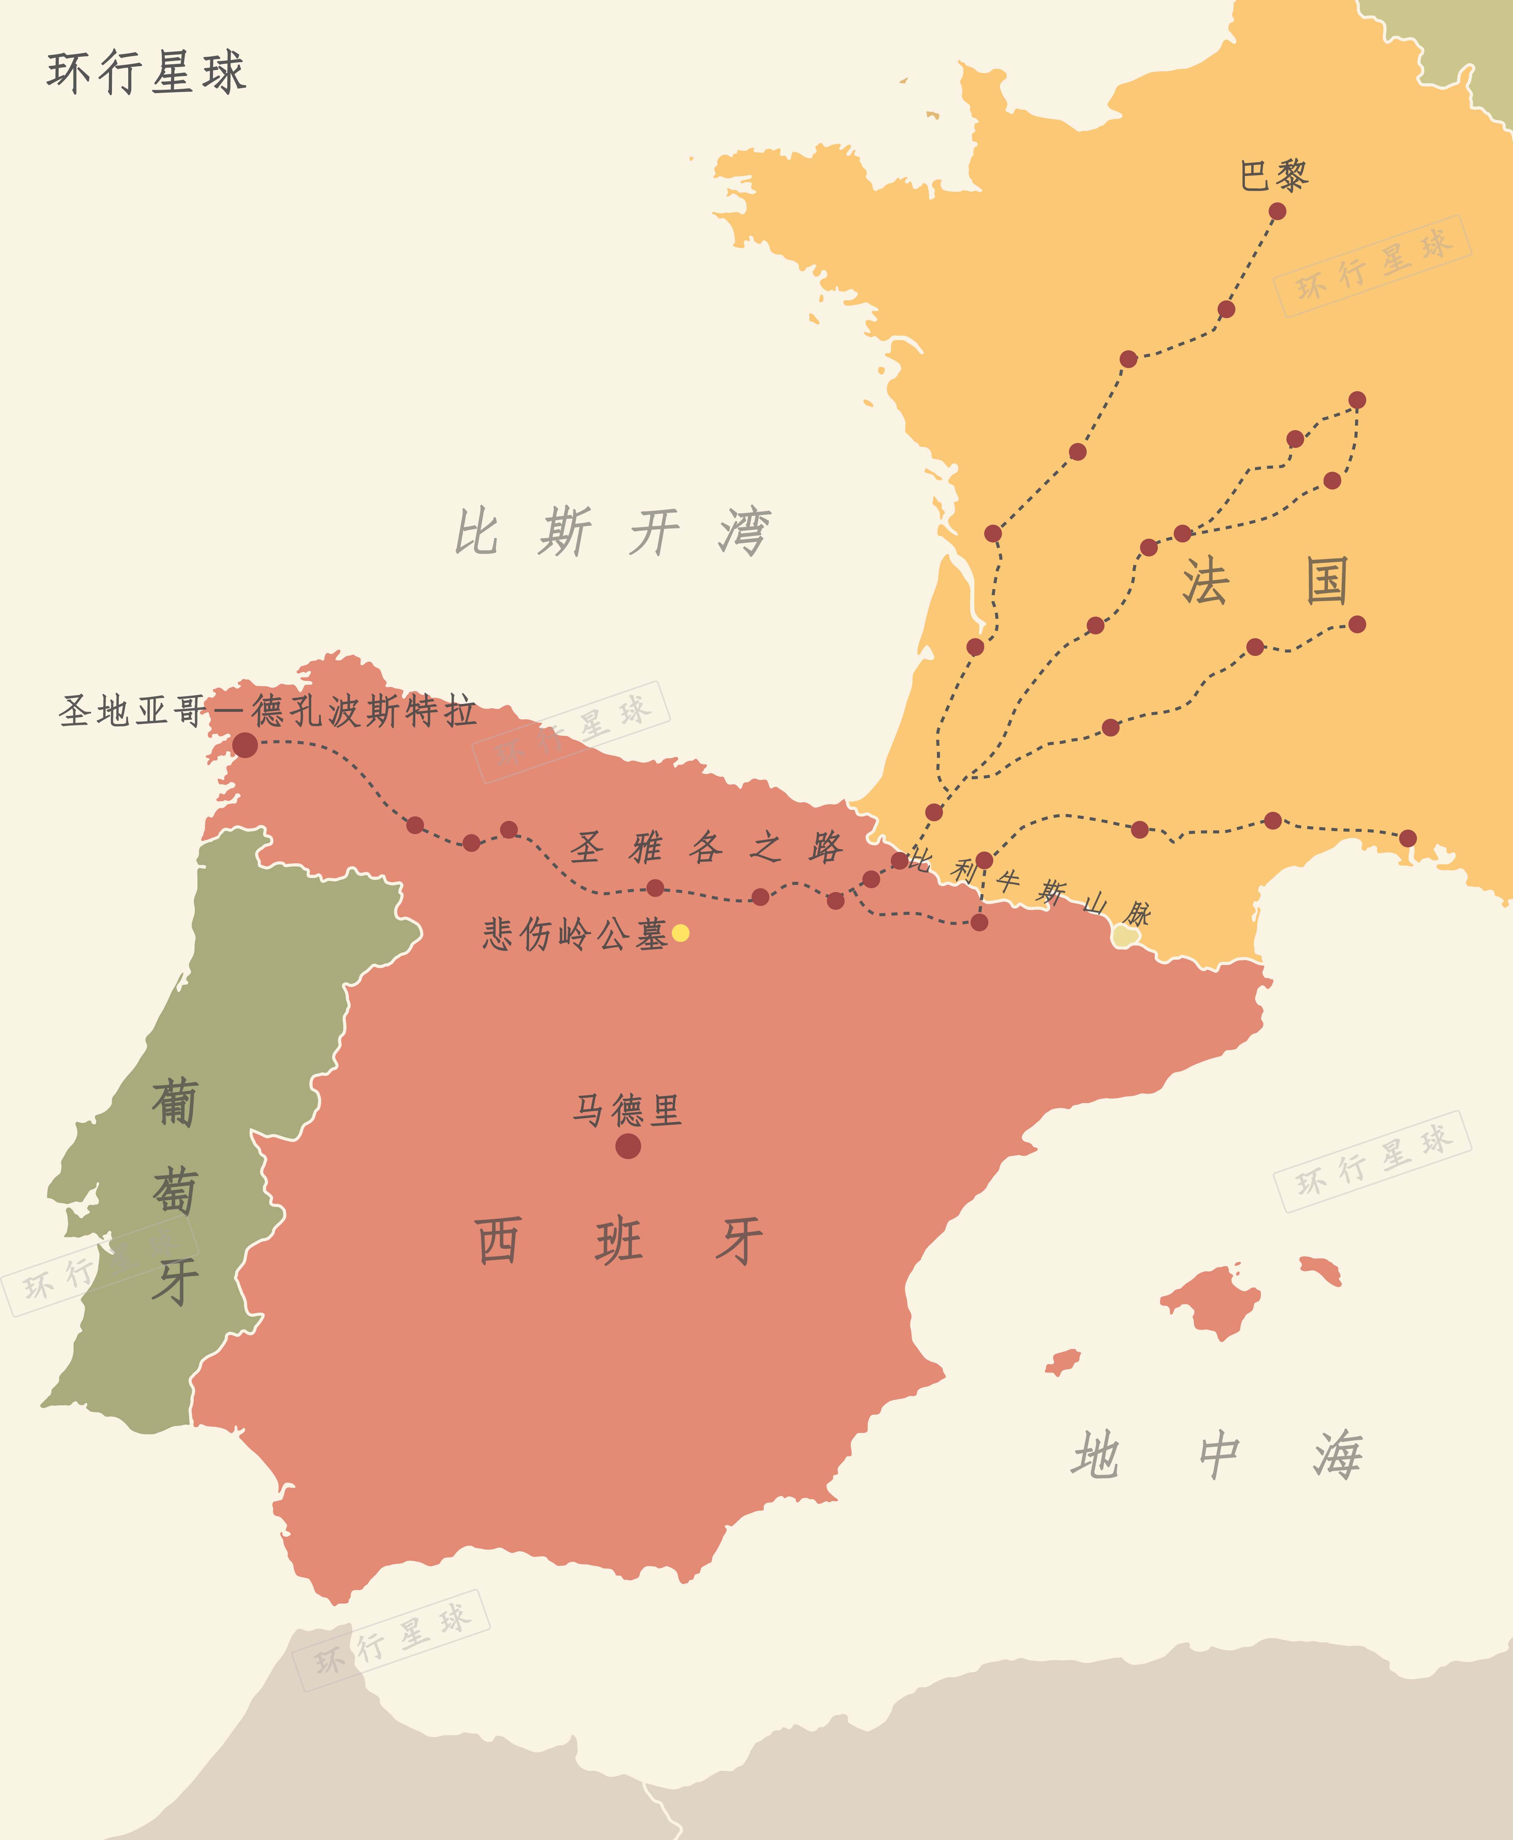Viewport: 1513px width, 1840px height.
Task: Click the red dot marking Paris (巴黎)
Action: [x=1277, y=211]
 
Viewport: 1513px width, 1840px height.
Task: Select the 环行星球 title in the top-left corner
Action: [x=146, y=71]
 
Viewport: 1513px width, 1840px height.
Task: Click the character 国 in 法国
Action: [x=1327, y=581]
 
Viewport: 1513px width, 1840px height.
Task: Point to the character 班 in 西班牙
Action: [x=619, y=1241]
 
